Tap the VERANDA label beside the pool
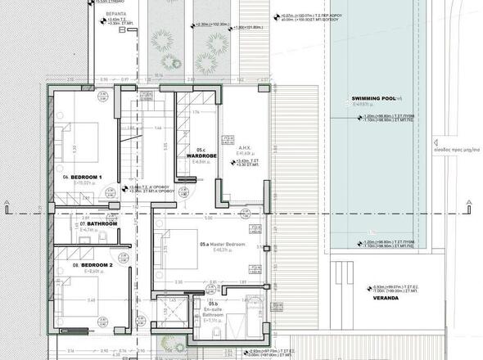[384, 298]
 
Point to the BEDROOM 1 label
[85, 178]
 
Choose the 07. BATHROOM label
[99, 223]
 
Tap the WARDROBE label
[201, 155]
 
